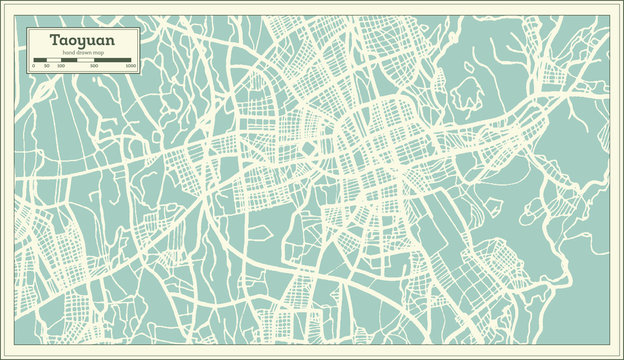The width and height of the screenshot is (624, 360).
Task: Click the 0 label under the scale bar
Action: click(x=33, y=65)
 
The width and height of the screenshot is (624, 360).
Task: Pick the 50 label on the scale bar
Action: click(x=46, y=65)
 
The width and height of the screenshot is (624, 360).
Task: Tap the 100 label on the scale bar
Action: click(x=61, y=65)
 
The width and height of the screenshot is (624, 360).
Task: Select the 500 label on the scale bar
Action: click(x=93, y=65)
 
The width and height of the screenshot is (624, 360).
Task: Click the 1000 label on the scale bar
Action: click(x=130, y=65)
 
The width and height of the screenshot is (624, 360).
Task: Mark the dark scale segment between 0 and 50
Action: click(x=40, y=59)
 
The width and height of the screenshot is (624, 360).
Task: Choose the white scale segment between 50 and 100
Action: click(x=54, y=59)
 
